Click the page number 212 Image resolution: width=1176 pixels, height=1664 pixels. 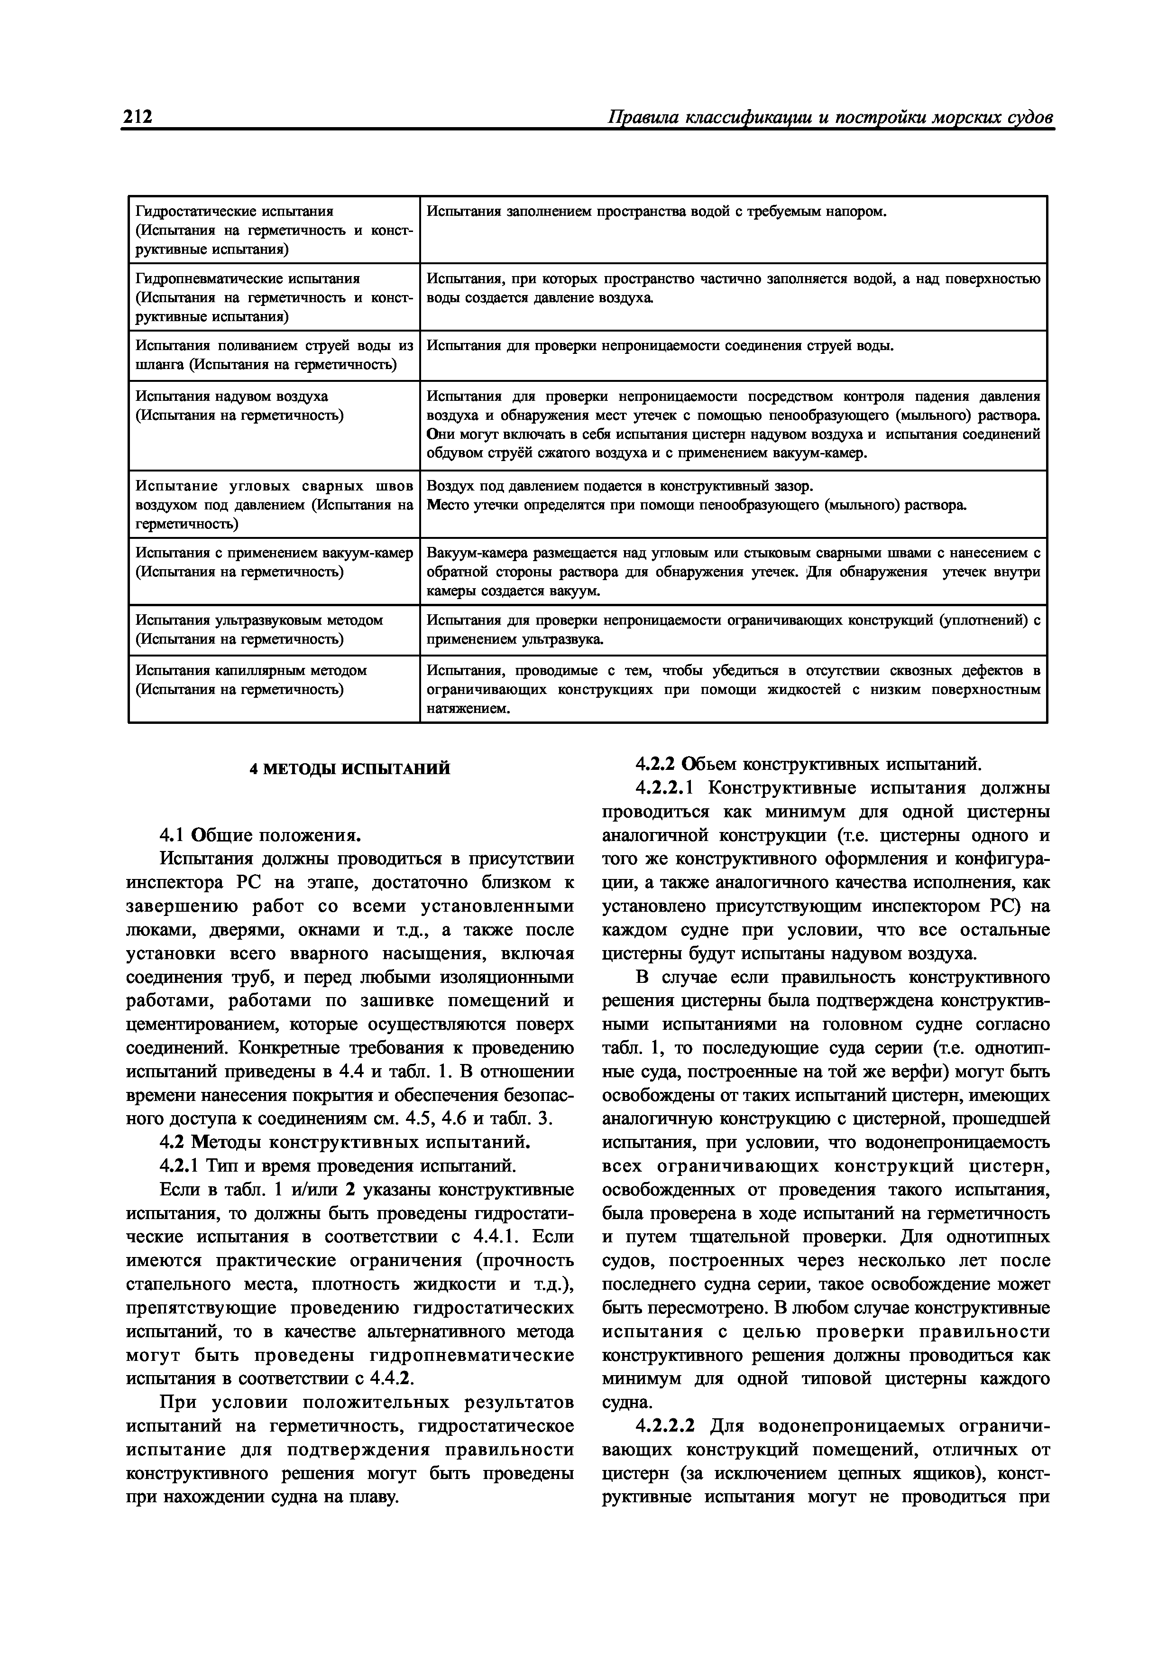(x=137, y=118)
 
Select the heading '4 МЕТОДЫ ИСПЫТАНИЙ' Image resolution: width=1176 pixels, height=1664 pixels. (x=350, y=769)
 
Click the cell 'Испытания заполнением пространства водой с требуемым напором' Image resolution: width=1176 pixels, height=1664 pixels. (x=656, y=212)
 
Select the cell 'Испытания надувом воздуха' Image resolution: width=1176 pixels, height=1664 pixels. (x=232, y=397)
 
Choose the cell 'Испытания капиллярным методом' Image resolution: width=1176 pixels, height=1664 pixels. (x=251, y=670)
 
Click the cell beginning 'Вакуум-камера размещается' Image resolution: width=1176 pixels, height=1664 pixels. (x=733, y=572)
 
